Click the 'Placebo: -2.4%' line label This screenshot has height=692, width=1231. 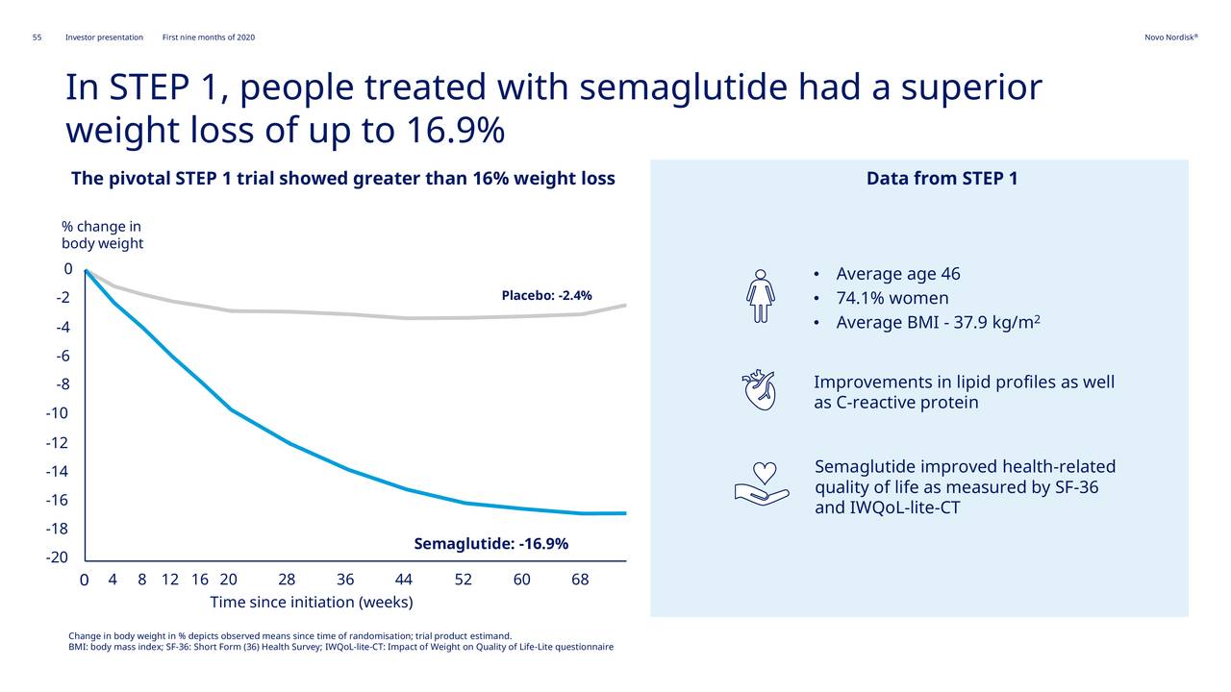point(546,295)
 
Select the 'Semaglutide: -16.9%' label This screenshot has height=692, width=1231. point(490,544)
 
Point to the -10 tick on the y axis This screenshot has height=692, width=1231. point(57,413)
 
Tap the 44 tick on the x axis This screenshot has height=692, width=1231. point(404,580)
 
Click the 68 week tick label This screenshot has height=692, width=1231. point(580,580)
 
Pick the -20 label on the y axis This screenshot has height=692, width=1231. point(57,557)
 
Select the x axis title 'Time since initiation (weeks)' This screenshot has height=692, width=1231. point(312,603)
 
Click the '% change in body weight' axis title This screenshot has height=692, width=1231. point(102,235)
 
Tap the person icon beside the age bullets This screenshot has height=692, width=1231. point(760,296)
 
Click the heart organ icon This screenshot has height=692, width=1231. point(758,390)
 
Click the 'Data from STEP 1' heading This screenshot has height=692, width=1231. point(942,179)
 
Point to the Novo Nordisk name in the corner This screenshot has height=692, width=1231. point(1170,37)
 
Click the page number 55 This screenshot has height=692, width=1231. point(37,37)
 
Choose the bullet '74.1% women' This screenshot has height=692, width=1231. point(892,298)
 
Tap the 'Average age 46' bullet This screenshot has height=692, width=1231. point(897,274)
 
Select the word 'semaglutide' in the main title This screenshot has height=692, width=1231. point(684,88)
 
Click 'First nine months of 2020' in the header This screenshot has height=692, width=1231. point(209,37)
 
